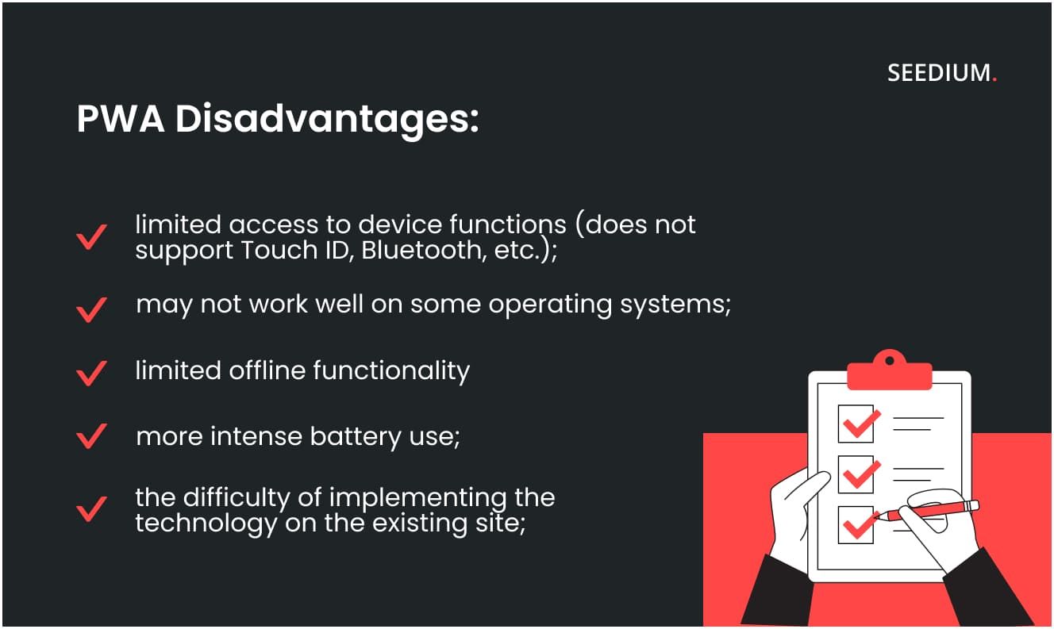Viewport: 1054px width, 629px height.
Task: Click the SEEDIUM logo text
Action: pyautogui.click(x=940, y=74)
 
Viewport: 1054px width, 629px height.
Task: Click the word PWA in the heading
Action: pyautogui.click(x=120, y=119)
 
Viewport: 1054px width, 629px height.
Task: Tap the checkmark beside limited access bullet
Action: pyautogui.click(x=91, y=237)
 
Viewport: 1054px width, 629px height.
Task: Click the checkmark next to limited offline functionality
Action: pyautogui.click(x=91, y=372)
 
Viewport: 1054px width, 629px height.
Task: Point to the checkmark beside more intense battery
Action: pyautogui.click(x=91, y=435)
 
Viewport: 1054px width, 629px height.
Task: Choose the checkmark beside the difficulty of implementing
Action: pyautogui.click(x=91, y=508)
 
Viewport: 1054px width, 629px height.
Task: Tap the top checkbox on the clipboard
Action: pyautogui.click(x=856, y=424)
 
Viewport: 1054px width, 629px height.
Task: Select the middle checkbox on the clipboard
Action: pyautogui.click(x=856, y=474)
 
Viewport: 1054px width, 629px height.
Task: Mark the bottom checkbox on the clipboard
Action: pyautogui.click(x=856, y=524)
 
